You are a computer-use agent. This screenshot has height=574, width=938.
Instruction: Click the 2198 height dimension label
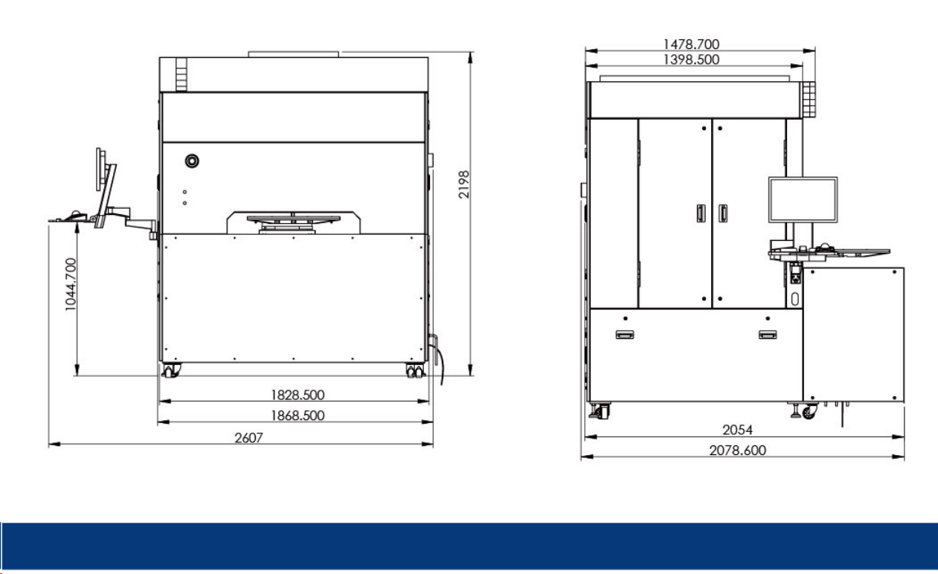463,184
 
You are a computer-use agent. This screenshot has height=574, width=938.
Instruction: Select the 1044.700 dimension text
71,284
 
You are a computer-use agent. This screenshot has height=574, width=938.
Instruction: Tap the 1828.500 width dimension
298,395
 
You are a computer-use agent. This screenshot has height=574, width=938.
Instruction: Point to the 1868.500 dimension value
298,416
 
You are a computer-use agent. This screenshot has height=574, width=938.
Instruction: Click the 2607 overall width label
248,437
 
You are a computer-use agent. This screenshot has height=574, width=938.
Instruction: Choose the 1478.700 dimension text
691,44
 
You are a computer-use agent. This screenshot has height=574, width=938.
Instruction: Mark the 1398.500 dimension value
691,59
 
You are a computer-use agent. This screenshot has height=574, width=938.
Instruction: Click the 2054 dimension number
737,430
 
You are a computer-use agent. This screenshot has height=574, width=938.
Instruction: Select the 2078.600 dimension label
737,450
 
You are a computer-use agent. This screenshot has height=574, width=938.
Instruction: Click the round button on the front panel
192,161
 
